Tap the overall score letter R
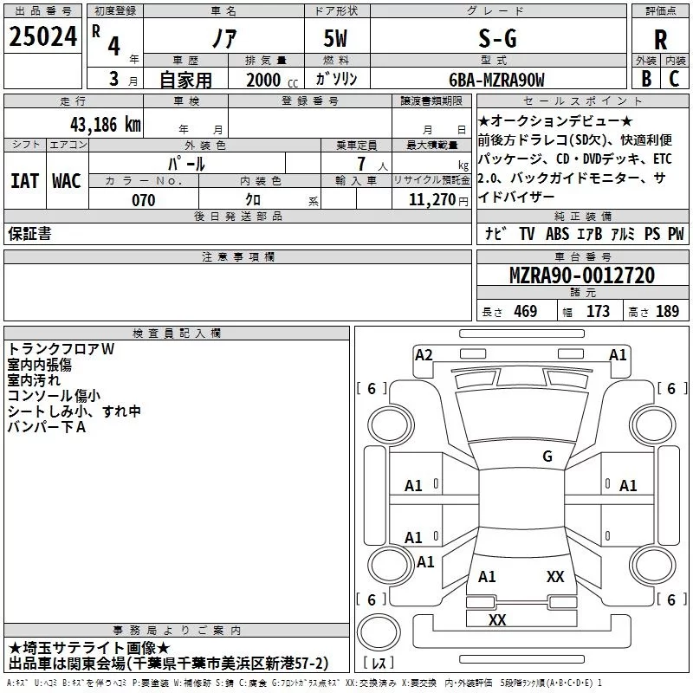(x=660, y=39)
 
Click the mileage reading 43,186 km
(x=105, y=124)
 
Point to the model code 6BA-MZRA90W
(x=496, y=80)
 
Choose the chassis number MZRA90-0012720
(x=581, y=276)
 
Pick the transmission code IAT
(x=24, y=181)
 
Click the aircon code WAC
(x=66, y=181)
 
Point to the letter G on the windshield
(x=547, y=457)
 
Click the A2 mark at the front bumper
(x=424, y=354)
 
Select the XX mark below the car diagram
(x=497, y=619)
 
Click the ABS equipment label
(x=558, y=234)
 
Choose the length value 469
(x=522, y=311)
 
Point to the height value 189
(x=667, y=311)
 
